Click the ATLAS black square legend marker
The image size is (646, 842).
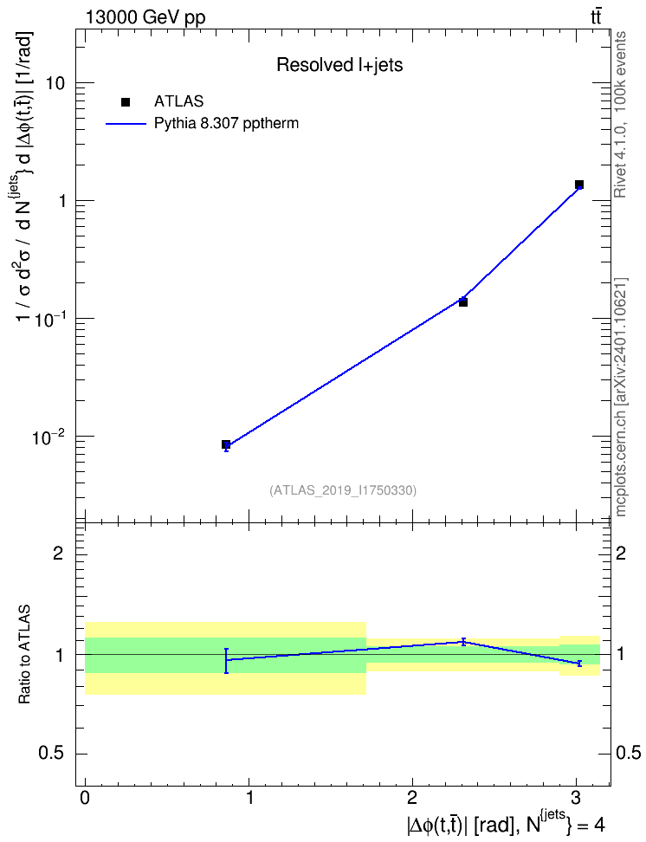(126, 101)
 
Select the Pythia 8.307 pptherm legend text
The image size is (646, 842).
(226, 124)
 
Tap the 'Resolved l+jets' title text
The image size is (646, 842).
(339, 65)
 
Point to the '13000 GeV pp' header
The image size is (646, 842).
(145, 17)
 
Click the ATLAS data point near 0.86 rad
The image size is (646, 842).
(226, 444)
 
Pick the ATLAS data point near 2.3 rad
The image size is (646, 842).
(463, 302)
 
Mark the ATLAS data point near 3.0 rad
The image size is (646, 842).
(578, 185)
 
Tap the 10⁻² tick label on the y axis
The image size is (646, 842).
(48, 437)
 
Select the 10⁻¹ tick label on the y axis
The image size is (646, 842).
(48, 319)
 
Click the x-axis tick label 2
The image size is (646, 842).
(412, 798)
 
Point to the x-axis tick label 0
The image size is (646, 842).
(85, 798)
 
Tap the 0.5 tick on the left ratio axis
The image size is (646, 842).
(51, 754)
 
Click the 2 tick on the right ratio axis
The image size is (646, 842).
(621, 553)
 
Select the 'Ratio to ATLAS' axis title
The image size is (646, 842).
(24, 655)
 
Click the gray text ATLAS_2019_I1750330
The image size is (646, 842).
(343, 490)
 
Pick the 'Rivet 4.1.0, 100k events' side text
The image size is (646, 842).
(620, 114)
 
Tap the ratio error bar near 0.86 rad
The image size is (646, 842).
(226, 660)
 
